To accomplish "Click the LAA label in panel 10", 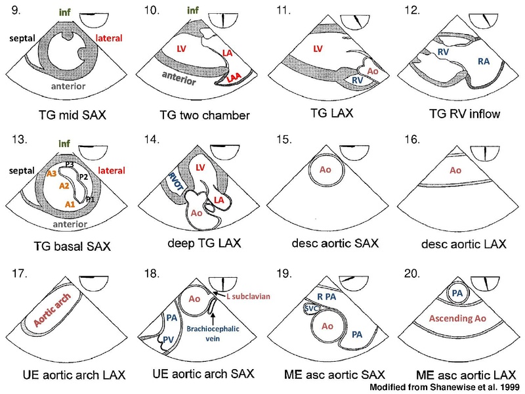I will click(x=235, y=77).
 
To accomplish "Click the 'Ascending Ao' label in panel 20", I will click(x=442, y=320).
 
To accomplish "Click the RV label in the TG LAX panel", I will click(x=350, y=79).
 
